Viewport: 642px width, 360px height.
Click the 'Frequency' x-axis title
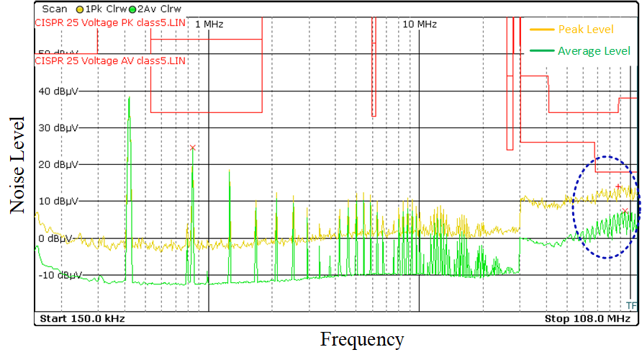point(362,339)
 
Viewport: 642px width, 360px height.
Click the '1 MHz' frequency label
point(209,24)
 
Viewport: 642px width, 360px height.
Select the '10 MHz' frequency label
point(420,24)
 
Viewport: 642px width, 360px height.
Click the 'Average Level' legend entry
point(594,50)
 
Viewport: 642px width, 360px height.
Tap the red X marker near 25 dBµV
point(193,148)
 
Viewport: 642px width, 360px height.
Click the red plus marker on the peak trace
point(618,186)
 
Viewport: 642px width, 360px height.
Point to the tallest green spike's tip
point(129,97)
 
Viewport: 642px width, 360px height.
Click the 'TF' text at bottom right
point(631,305)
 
